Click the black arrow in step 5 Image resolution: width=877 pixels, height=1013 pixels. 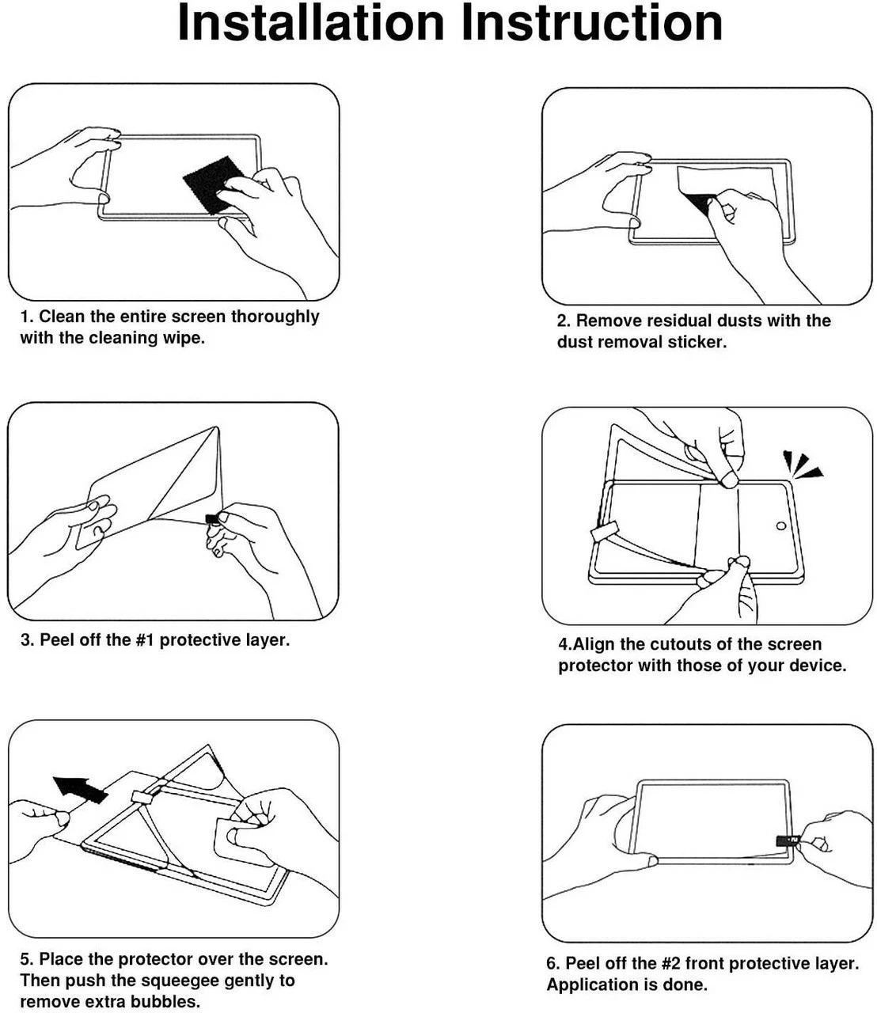[x=79, y=789]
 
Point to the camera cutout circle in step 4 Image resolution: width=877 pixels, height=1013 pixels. [x=781, y=525]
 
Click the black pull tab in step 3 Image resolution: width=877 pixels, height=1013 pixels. [x=212, y=519]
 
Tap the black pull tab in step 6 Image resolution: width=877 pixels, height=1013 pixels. [x=787, y=840]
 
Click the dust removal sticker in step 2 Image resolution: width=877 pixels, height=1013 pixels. [x=697, y=186]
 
